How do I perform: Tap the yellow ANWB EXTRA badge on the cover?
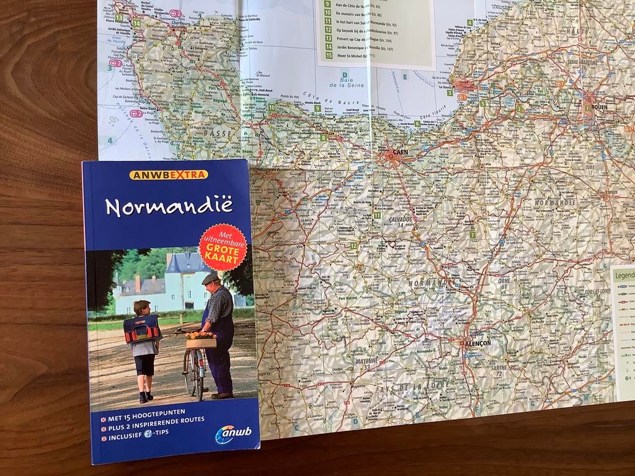(169, 175)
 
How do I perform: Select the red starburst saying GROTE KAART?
(223, 247)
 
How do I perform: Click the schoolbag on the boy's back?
(141, 328)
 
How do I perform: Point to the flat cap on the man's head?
(210, 279)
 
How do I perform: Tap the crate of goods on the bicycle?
(201, 340)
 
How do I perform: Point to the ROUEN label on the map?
(598, 107)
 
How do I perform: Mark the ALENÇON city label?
(477, 343)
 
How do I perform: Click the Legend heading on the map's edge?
(624, 274)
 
